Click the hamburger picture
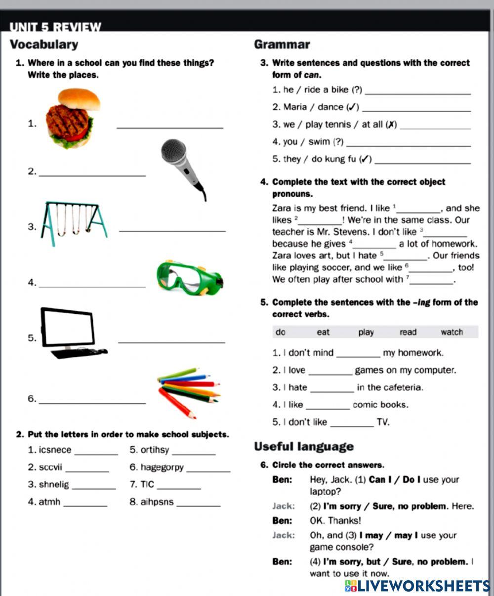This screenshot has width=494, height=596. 71,119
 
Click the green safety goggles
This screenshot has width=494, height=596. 189,278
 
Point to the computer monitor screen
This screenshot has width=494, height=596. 68,327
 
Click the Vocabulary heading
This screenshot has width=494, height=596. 44,45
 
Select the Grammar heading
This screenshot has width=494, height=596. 282,45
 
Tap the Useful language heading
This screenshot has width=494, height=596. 304,447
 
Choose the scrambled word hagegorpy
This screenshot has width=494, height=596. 162,468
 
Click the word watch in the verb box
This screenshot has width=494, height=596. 452,333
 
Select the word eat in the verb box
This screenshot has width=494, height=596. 323,333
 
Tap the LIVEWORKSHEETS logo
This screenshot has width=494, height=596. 417,586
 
